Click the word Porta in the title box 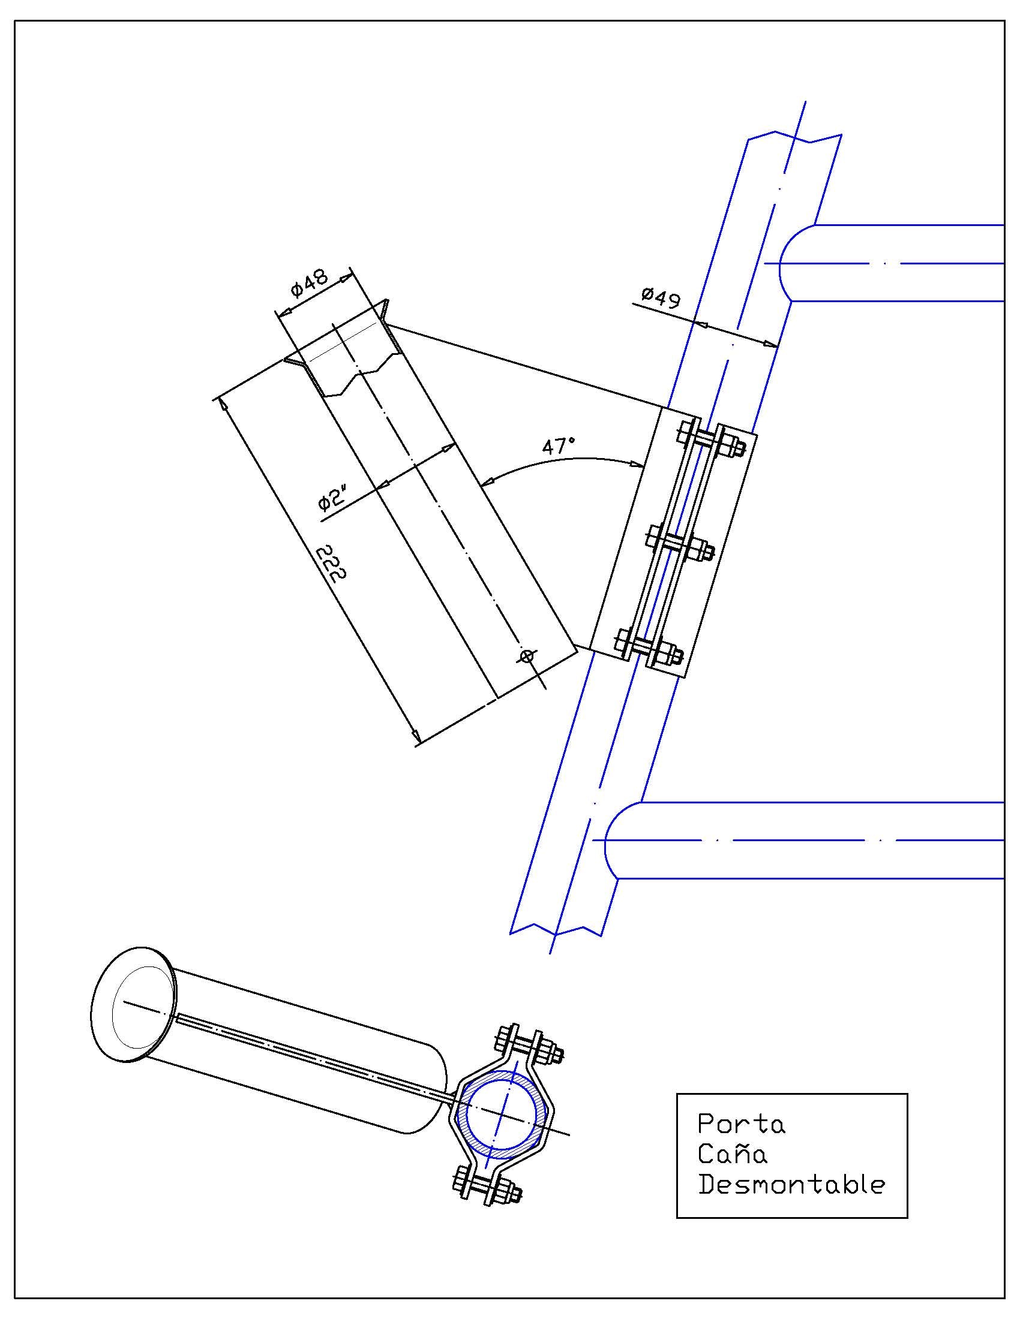(x=742, y=1124)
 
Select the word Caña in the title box (x=733, y=1154)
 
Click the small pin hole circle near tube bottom (x=527, y=656)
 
